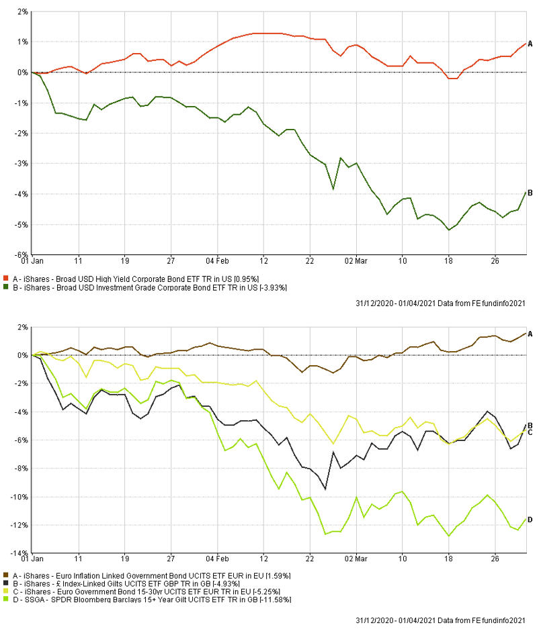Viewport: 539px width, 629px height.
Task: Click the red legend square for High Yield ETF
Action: [6, 278]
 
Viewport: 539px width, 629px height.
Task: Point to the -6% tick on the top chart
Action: [22, 255]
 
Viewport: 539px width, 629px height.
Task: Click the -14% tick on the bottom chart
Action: [19, 553]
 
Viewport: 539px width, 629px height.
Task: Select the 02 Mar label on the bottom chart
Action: [357, 558]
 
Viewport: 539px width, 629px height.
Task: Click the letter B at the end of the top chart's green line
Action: [530, 193]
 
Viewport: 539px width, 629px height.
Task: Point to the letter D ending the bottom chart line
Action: [530, 520]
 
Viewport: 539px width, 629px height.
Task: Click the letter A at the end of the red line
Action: [530, 44]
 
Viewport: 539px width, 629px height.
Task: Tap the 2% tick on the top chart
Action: [23, 12]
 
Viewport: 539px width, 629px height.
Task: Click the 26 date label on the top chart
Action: [494, 260]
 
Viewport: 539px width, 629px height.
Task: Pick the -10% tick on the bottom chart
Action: [19, 497]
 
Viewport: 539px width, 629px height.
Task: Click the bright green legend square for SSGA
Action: [6, 599]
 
